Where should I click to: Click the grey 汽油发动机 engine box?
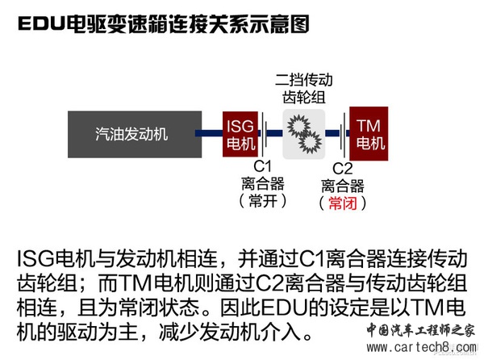point(132,134)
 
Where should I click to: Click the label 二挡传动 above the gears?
point(303,81)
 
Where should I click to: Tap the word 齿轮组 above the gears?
point(303,97)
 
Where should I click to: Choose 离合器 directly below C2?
point(343,186)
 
